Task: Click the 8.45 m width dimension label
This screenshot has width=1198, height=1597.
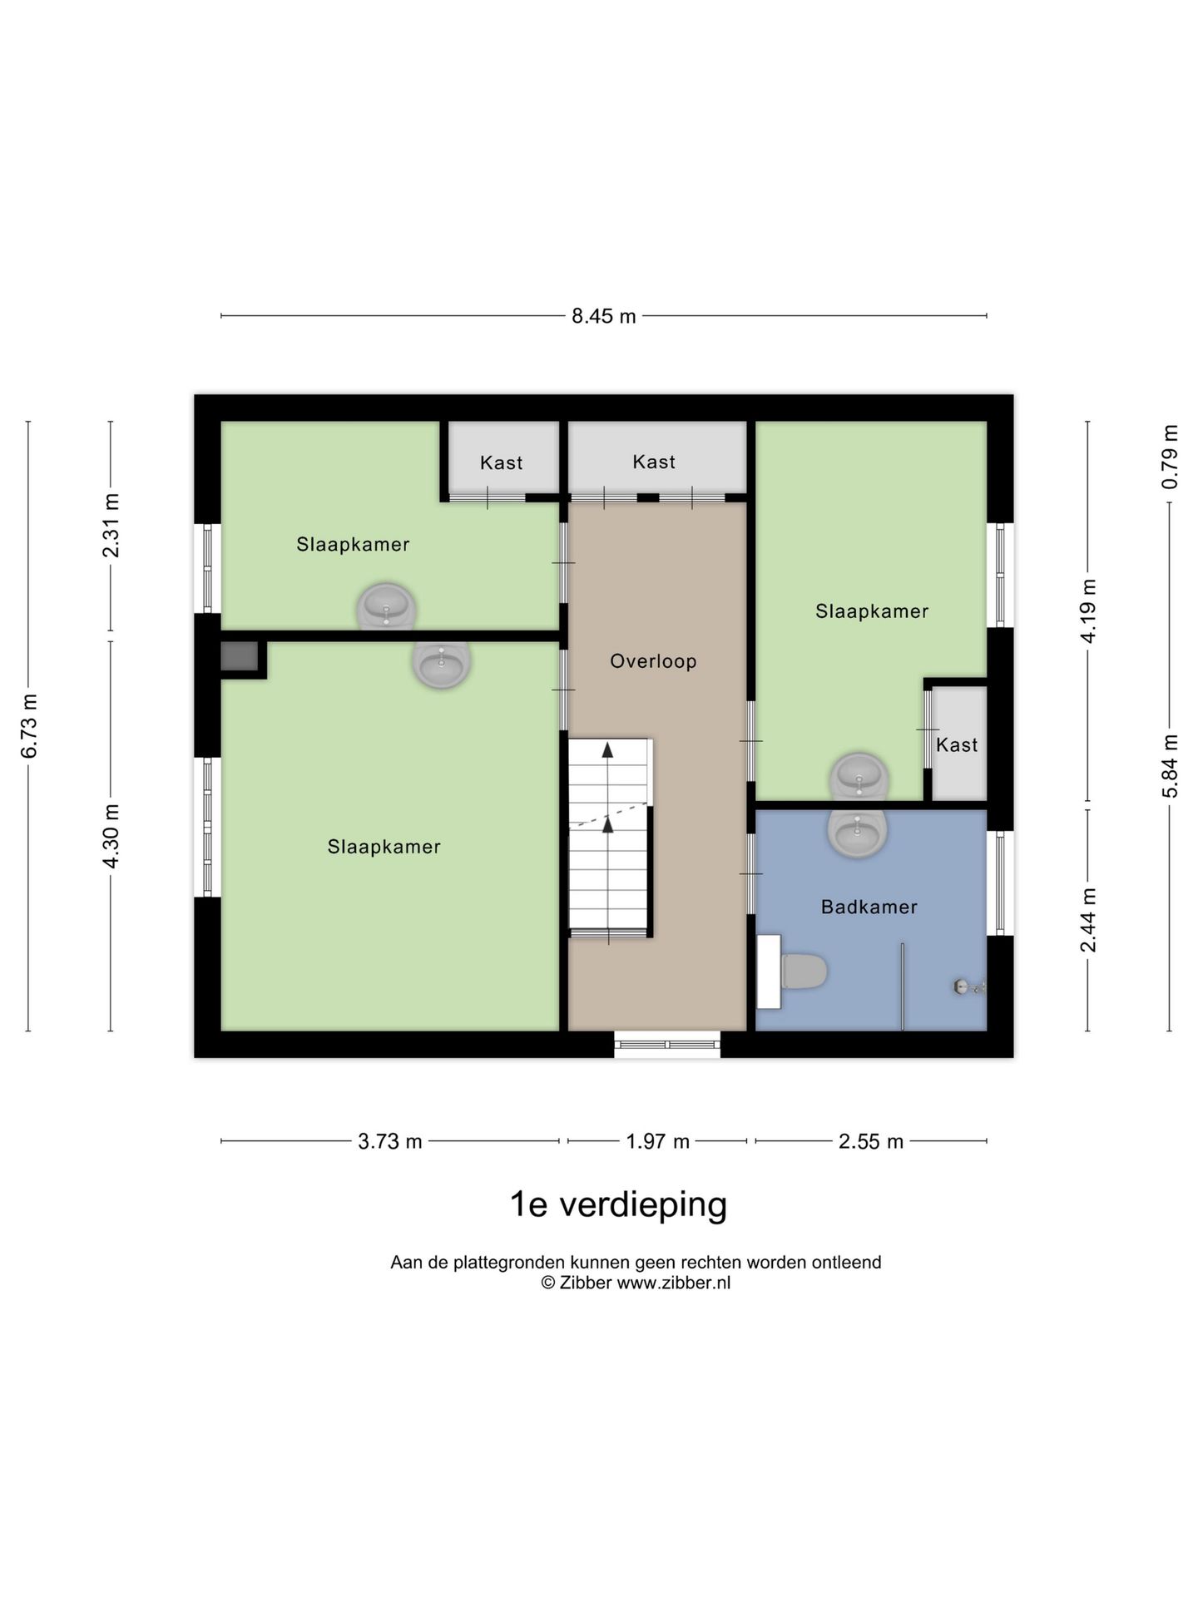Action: (603, 316)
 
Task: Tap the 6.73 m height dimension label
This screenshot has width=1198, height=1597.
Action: (29, 726)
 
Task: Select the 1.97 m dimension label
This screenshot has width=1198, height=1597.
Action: (657, 1141)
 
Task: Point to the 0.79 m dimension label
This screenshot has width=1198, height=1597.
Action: (1170, 457)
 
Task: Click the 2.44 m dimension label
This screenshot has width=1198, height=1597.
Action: (1087, 919)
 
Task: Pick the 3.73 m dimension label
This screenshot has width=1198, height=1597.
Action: (389, 1141)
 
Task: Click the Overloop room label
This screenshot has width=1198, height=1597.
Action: (653, 661)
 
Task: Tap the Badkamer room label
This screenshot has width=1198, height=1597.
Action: (869, 907)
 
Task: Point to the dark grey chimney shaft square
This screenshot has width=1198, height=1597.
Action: (240, 657)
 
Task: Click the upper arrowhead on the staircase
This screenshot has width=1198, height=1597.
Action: (608, 749)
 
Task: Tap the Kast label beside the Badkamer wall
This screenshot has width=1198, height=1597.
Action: (957, 744)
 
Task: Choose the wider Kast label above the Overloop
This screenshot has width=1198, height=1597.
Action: (654, 462)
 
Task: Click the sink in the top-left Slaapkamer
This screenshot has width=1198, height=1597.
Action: (386, 605)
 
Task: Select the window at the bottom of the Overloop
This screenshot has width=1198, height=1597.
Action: (667, 1045)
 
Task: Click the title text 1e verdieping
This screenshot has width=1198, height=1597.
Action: (618, 1204)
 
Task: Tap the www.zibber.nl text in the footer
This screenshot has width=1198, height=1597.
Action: (673, 1283)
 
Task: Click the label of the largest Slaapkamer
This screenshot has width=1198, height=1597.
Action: (384, 847)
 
